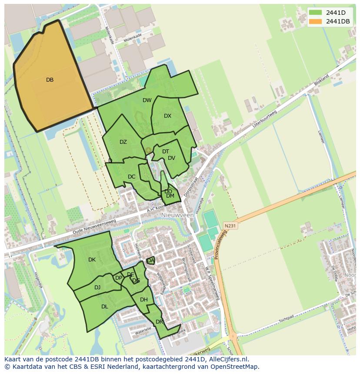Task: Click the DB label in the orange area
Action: pos(50,80)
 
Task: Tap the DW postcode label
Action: pos(147,100)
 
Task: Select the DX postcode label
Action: pos(167,116)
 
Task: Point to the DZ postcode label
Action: pos(123,142)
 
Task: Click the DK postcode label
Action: pos(92,260)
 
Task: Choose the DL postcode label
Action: pos(104,307)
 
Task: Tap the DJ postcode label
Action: pos(97,287)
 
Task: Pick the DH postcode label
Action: pos(143,300)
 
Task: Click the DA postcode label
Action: pos(150,261)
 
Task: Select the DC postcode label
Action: pos(132,177)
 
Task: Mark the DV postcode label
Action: pos(171,158)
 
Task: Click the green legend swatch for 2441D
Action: pos(316,12)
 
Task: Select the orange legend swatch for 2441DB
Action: pos(316,22)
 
